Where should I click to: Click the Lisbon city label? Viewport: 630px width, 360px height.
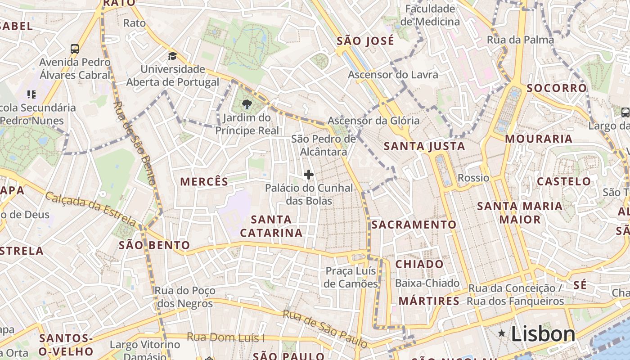543,334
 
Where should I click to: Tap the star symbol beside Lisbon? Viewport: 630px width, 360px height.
501,333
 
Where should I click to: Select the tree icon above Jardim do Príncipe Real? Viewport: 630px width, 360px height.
247,105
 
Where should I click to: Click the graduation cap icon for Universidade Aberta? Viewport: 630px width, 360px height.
172,56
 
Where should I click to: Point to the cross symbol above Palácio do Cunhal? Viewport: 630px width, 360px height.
309,175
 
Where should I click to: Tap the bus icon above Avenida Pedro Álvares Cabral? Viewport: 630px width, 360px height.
75,49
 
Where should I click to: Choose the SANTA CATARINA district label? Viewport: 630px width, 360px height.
271,226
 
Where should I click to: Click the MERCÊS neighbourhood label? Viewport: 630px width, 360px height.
204,181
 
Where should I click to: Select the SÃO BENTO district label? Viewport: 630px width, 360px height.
154,245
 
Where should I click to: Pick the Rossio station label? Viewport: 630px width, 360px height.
473,178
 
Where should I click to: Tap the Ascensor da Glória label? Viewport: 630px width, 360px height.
373,121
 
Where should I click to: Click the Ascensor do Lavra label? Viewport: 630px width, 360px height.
393,74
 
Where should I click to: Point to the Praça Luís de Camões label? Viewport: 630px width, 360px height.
351,277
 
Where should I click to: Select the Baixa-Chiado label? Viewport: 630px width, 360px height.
427,283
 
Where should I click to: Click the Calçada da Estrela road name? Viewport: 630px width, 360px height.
90,209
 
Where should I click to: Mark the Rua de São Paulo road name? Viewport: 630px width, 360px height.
324,328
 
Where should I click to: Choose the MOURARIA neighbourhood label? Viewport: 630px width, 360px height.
539,139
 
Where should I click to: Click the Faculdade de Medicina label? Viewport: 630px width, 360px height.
430,15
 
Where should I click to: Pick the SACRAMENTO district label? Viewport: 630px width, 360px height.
414,224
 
